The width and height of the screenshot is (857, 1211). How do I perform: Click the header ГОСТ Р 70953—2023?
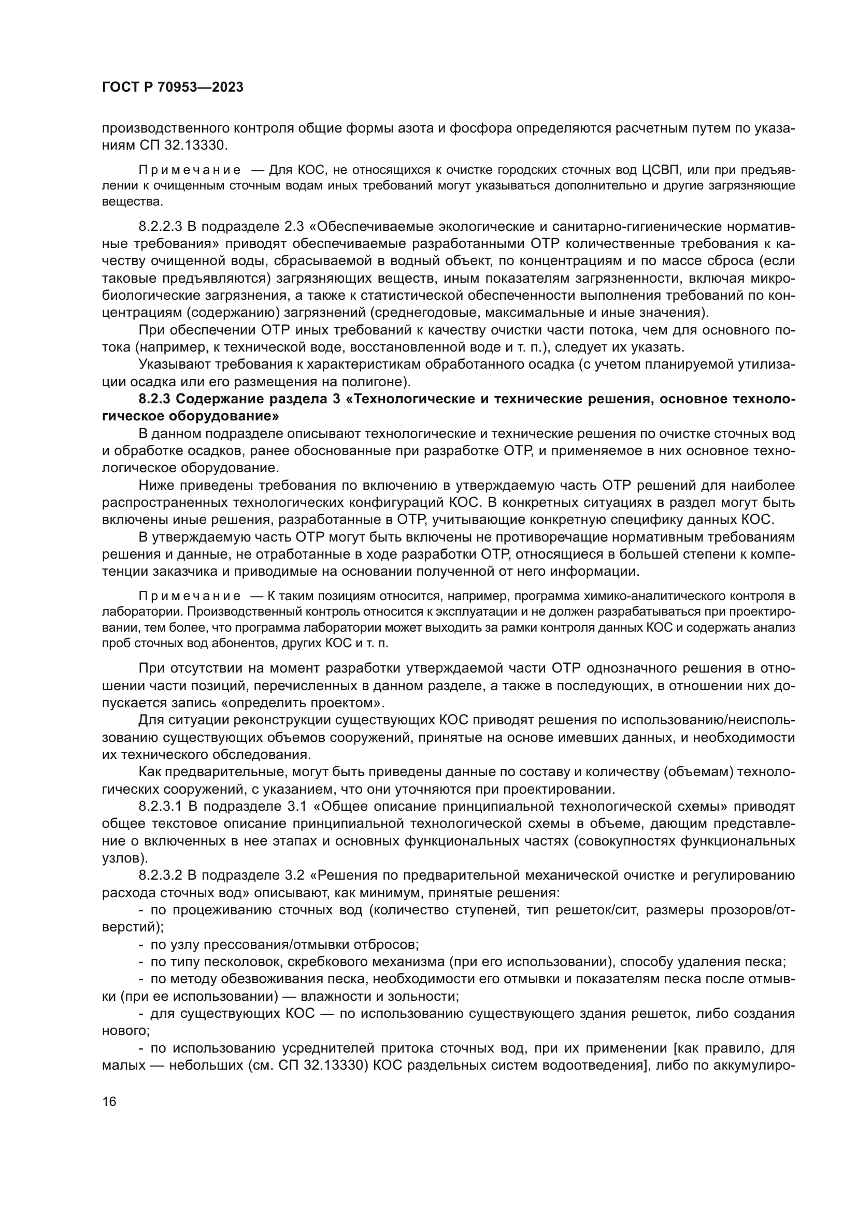[173, 87]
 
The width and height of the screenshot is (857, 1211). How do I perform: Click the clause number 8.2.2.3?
[160, 227]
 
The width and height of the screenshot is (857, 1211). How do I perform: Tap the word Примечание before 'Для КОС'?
[190, 170]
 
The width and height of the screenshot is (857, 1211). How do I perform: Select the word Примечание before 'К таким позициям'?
[190, 596]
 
